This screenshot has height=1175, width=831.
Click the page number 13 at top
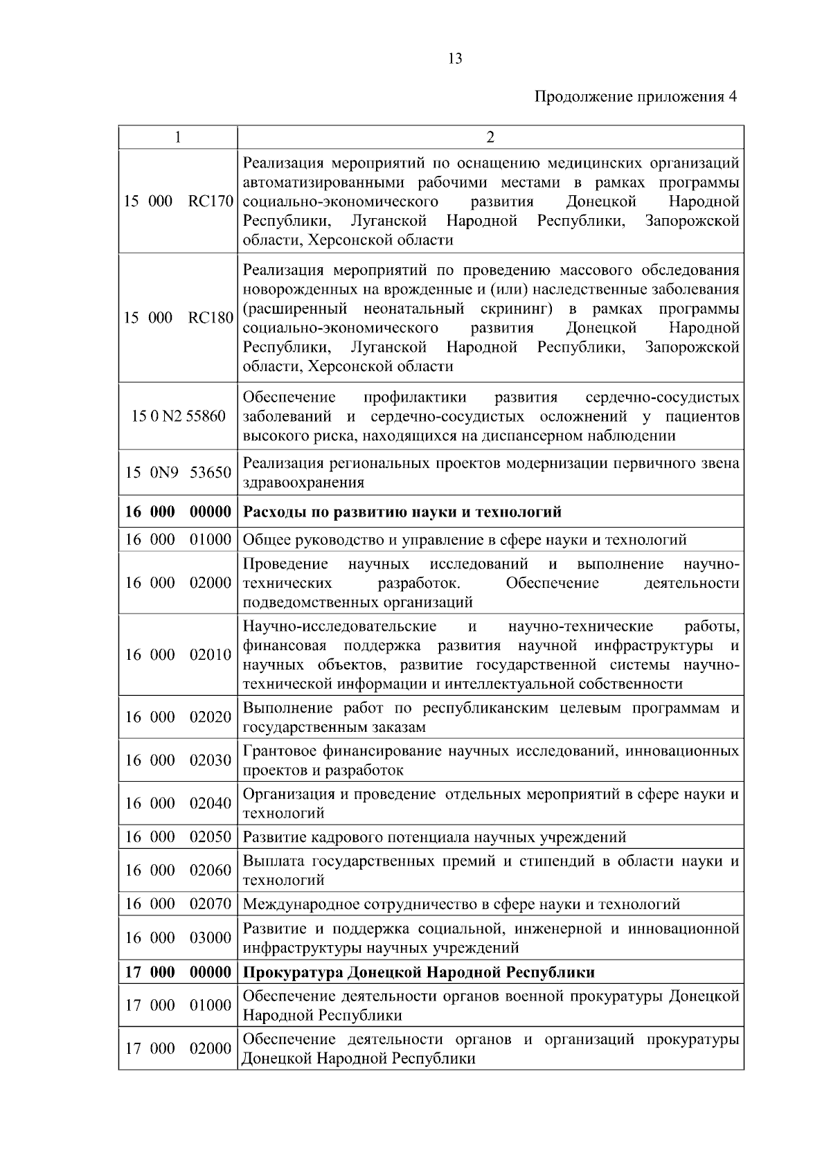tap(455, 59)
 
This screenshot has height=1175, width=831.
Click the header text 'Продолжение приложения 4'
tap(635, 96)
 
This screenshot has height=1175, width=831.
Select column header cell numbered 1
tap(178, 137)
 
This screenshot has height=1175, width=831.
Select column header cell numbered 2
tap(490, 137)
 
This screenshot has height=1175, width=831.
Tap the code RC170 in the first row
tap(211, 202)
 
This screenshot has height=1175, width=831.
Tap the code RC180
tap(211, 319)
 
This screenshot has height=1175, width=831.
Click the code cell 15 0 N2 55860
tap(179, 417)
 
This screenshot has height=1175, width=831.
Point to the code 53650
tap(211, 473)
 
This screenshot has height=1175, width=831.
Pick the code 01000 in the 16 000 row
tap(211, 539)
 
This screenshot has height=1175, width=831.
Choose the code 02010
tap(211, 655)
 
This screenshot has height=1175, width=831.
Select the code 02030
tap(211, 761)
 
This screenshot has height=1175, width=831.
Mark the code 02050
tap(211, 837)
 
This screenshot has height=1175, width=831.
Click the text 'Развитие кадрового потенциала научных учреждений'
tap(435, 837)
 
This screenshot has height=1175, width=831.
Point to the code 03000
tap(211, 938)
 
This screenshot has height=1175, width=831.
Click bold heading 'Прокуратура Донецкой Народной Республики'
tap(419, 973)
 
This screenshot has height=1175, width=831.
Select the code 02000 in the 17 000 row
tap(211, 1049)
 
